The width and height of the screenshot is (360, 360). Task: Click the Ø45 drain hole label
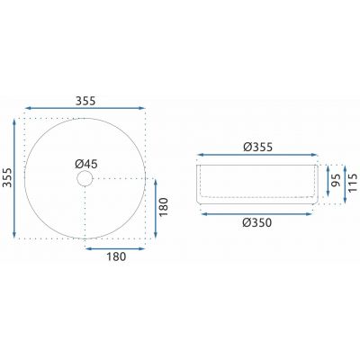tap(86, 164)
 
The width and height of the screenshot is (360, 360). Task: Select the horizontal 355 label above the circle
tap(85, 101)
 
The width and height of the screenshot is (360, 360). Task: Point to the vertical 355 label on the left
tap(7, 177)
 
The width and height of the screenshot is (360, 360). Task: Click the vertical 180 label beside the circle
tap(164, 207)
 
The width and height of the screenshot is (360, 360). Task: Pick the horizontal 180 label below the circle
tap(116, 256)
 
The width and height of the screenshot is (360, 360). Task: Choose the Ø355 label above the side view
tap(257, 147)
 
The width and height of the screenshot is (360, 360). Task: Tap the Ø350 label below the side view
tap(257, 222)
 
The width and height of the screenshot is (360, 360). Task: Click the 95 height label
tap(337, 180)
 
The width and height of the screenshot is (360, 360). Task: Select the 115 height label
tap(354, 183)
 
